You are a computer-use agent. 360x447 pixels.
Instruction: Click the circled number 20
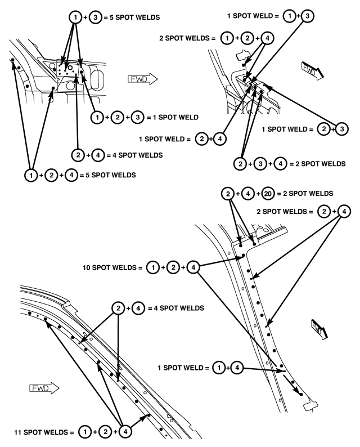[x=268, y=194]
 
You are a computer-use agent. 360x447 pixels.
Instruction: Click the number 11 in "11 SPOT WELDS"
[x=18, y=432]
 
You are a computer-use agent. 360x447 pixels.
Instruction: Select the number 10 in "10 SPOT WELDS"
[x=87, y=267]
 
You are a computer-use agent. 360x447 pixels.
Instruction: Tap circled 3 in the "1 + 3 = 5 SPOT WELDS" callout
[x=96, y=17]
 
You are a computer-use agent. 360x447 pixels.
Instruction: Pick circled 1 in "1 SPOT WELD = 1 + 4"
[x=219, y=368]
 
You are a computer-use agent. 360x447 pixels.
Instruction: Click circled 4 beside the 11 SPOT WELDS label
[x=125, y=432]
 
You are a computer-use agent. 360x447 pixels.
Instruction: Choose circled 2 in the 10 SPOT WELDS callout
[x=173, y=267]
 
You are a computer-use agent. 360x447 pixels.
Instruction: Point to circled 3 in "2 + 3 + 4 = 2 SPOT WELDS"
[x=260, y=164]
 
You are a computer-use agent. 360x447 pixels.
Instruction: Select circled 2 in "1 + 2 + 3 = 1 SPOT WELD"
[x=118, y=117]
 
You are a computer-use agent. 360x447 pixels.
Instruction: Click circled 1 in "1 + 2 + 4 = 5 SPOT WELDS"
[x=31, y=175]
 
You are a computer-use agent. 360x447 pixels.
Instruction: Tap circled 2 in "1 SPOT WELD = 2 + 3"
[x=324, y=129]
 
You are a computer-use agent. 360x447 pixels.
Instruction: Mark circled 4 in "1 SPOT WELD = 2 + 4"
[x=220, y=139]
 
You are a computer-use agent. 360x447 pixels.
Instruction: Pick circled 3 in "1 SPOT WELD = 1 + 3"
[x=307, y=16]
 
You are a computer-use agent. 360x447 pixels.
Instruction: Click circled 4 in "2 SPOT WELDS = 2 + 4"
[x=344, y=212]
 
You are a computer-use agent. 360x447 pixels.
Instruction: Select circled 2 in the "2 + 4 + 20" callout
[x=228, y=194]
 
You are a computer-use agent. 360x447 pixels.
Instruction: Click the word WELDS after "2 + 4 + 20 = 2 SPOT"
[x=322, y=194]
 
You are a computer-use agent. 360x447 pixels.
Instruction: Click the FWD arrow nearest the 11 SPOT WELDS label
[x=44, y=388]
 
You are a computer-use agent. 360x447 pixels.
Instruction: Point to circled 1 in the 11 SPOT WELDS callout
[x=85, y=432]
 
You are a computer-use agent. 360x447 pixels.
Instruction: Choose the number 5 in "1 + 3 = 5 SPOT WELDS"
[x=111, y=17]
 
